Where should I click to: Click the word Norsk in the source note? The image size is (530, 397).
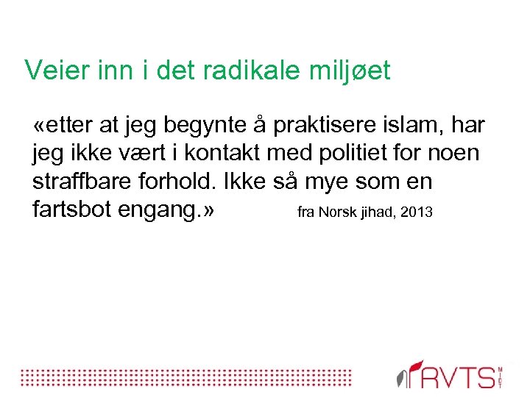coord(337,212)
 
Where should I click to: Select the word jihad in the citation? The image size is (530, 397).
coord(375,212)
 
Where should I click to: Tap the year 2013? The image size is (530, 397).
coord(415,212)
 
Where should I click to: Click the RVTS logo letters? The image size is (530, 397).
coord(460,376)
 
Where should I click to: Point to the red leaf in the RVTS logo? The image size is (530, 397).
coord(417,365)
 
